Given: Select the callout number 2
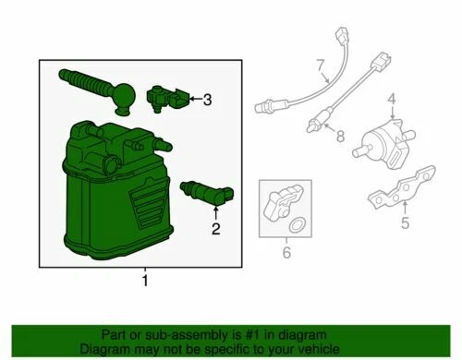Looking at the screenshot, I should (215, 230).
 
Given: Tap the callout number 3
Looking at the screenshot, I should (208, 99).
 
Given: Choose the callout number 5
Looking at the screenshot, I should (406, 221).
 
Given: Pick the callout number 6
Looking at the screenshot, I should (285, 251).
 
